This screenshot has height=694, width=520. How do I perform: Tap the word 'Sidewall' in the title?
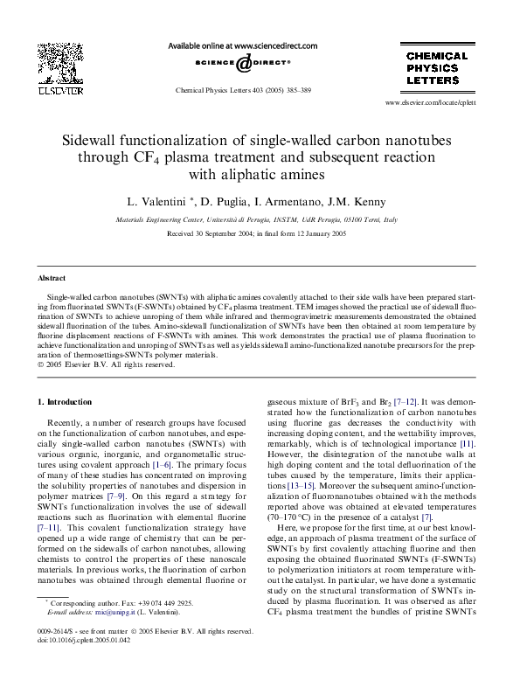click(94, 140)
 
